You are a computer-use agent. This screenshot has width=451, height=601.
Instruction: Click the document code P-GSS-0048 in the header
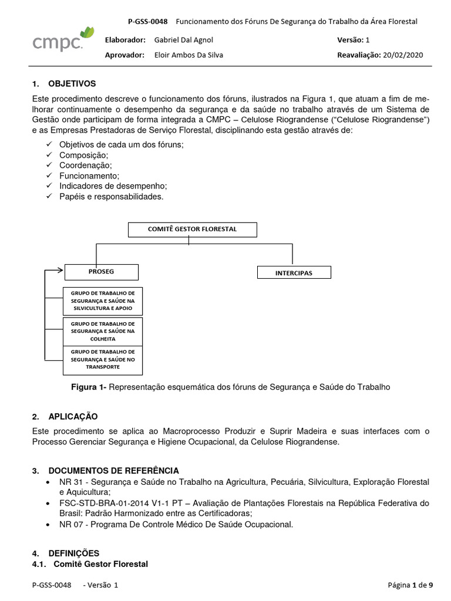147,21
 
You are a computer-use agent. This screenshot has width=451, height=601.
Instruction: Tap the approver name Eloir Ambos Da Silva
189,55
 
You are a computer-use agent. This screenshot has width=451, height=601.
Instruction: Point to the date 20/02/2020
402,55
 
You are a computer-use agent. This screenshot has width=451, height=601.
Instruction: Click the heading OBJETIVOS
72,84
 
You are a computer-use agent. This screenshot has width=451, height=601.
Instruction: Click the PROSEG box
102,272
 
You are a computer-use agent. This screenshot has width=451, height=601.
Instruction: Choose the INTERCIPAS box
294,273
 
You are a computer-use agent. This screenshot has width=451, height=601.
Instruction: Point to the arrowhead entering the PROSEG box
60,271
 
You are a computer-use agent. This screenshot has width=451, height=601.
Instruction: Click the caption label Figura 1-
89,387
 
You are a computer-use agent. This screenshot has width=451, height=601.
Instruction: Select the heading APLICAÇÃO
73,416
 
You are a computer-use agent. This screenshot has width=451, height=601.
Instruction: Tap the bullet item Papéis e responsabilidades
111,197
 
